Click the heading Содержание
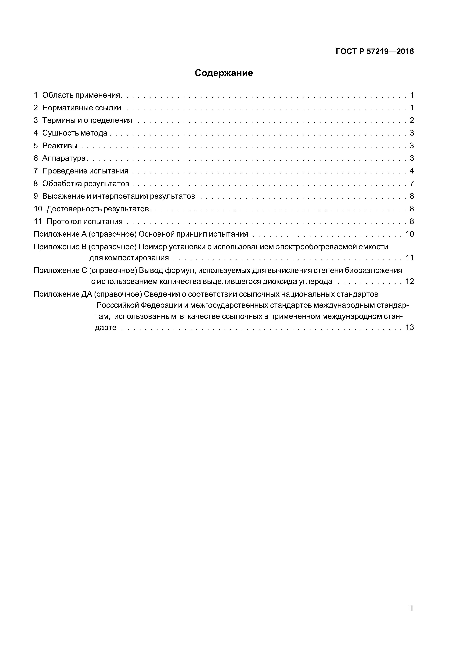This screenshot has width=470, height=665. pos(224,73)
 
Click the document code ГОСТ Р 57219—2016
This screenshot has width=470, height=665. pos(375,52)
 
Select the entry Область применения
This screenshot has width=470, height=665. pos(81,95)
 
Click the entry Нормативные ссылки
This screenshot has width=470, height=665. pos(82,108)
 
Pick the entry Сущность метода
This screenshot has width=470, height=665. pos(75,133)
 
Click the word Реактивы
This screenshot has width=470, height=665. pos(60,146)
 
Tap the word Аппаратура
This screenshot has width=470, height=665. pos(64,158)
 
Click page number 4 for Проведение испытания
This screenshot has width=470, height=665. pos(411,171)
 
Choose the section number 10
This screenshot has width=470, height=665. pos(38,209)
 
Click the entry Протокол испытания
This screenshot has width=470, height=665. pos(85,222)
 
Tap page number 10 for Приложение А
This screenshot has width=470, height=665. pos(410,234)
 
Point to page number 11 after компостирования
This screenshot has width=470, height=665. pos(410,257)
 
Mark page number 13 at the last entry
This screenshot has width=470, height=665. pos(410,328)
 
